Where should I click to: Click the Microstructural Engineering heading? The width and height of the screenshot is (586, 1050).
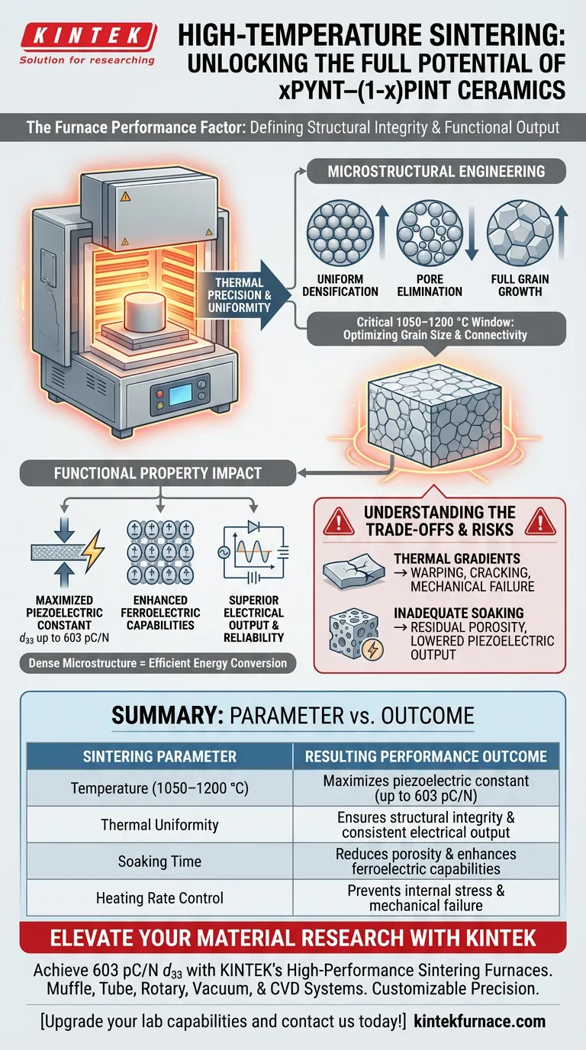(x=436, y=171)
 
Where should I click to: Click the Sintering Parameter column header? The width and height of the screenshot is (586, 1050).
(x=159, y=756)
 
